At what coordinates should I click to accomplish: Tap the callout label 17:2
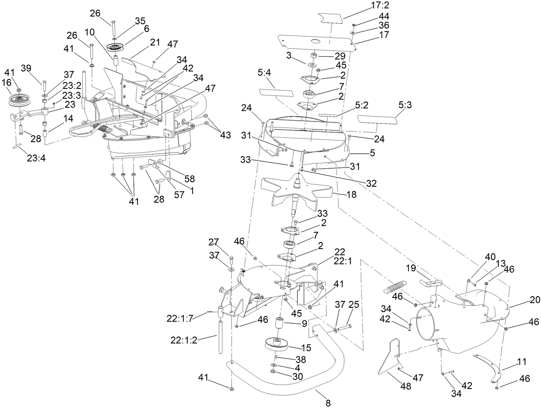click(380, 6)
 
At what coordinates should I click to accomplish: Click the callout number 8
click(328, 403)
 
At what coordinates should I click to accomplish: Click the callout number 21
click(155, 43)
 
